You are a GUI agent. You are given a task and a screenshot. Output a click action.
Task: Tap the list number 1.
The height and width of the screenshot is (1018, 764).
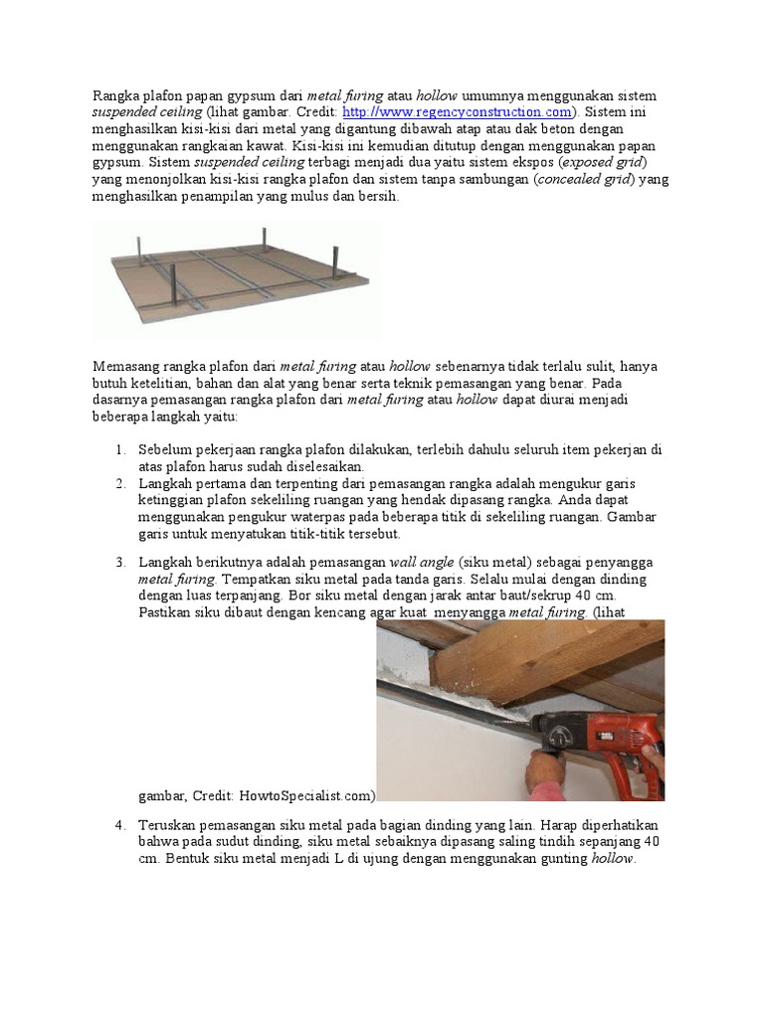[x=119, y=449]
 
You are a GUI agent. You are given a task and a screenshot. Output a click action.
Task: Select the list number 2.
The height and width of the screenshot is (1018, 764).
[x=119, y=483]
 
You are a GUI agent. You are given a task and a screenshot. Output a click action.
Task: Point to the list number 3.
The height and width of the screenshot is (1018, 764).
[x=119, y=562]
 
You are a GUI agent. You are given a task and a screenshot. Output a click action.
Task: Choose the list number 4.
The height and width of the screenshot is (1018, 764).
[x=119, y=825]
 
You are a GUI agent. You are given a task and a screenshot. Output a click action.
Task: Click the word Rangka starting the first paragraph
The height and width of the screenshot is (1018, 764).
[x=116, y=95]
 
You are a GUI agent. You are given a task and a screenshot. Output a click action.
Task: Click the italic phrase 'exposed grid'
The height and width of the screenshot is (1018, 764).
[x=603, y=162]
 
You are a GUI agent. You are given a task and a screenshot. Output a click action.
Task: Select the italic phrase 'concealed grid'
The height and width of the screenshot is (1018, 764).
[x=585, y=180]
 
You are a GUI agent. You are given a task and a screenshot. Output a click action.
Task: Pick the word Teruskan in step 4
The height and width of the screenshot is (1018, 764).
[x=170, y=825]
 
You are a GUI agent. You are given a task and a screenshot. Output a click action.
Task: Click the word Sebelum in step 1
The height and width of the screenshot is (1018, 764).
[x=166, y=449]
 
